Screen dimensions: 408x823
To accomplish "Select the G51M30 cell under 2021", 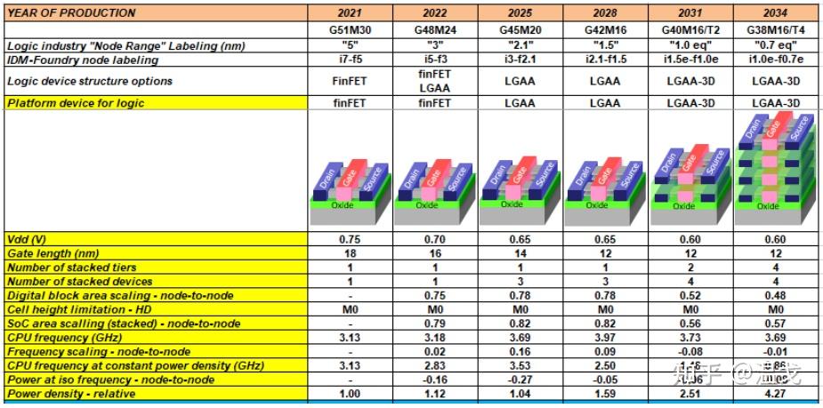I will (349, 30).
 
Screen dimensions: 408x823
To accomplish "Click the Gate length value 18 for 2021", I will (349, 254).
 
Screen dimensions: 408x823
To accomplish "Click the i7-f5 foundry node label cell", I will (349, 60).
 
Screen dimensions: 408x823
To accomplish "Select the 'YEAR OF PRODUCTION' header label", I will (72, 12).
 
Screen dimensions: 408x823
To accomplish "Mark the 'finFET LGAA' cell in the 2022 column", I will (434, 81).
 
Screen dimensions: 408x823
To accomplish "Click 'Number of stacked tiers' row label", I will (69, 268).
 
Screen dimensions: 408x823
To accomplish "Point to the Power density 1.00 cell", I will (349, 393).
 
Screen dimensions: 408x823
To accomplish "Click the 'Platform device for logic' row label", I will (75, 103).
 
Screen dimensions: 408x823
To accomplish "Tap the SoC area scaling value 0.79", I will (434, 324).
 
